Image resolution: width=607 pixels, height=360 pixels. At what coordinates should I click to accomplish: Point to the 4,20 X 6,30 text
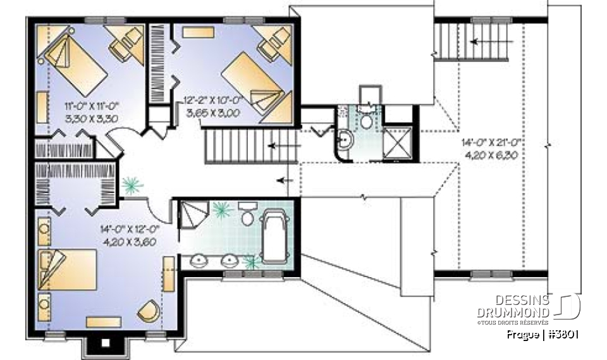[491, 154]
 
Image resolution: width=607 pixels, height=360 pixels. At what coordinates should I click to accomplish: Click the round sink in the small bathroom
[346, 139]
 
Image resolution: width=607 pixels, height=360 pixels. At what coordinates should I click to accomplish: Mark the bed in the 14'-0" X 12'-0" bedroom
[67, 269]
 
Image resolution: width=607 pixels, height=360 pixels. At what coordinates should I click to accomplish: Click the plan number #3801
[564, 333]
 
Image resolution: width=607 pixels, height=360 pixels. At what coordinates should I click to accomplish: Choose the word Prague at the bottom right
[522, 333]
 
